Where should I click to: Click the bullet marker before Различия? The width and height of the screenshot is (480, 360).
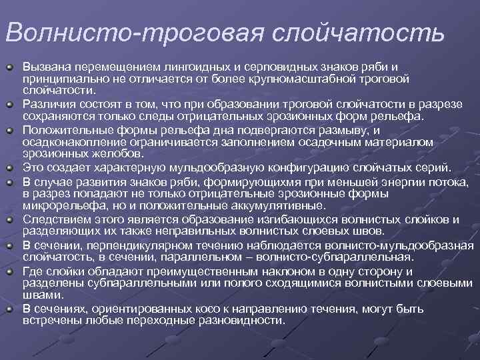point(10,105)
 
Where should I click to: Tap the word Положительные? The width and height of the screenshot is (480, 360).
point(65,129)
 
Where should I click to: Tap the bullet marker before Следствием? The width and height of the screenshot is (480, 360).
point(10,218)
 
